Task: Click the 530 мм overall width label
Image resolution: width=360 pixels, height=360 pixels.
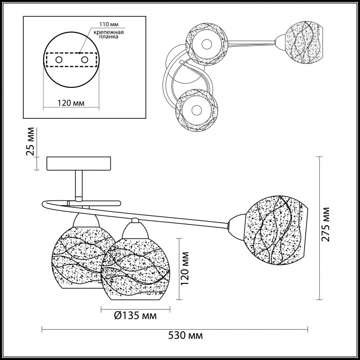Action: (x=186, y=335)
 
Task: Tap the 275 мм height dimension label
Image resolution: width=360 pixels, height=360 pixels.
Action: (x=325, y=224)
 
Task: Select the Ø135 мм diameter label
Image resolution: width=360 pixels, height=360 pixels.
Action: (x=135, y=315)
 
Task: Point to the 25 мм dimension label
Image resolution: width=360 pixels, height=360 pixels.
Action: (x=30, y=141)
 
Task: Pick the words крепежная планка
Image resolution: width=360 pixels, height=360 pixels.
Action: (x=109, y=34)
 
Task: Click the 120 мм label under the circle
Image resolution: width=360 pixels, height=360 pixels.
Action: (x=71, y=103)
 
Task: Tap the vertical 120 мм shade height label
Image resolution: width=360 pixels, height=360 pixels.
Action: (x=185, y=268)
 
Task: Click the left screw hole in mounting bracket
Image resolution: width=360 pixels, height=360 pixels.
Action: (x=59, y=60)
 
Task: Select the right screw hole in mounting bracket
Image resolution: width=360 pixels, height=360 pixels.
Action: (x=84, y=60)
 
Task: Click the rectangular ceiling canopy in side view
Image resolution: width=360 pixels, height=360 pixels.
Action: (x=79, y=164)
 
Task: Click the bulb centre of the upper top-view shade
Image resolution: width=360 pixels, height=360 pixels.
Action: (x=207, y=44)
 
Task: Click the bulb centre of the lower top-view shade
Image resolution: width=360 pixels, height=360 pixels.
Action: (x=196, y=111)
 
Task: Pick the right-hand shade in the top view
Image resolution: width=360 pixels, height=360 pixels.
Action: (x=303, y=42)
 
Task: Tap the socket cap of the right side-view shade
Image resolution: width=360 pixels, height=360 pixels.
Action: (x=237, y=227)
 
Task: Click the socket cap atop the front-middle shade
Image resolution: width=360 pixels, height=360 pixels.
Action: (x=135, y=228)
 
